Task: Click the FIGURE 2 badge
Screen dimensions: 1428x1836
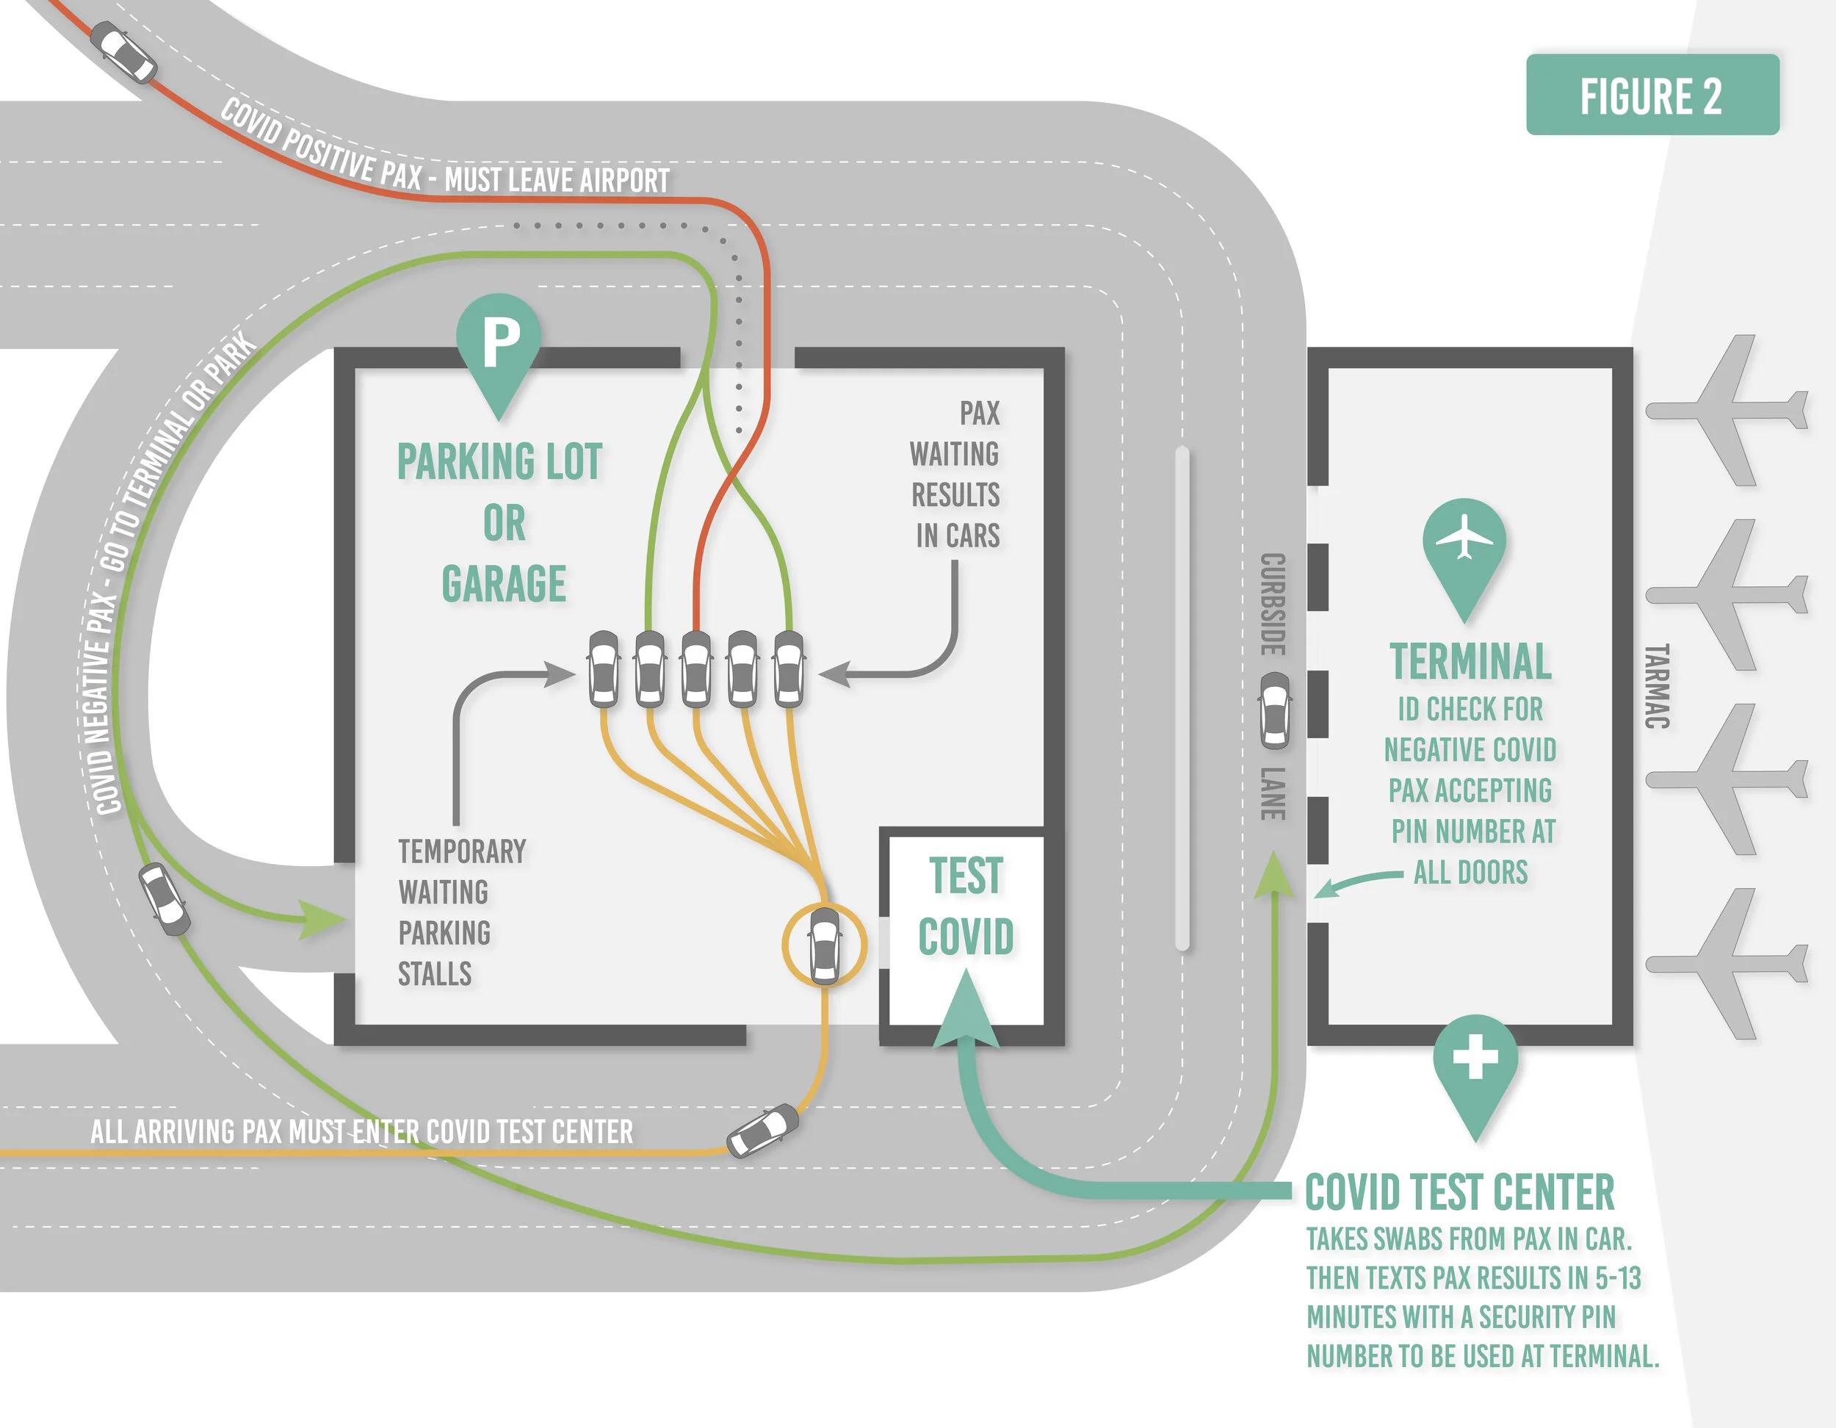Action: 1652,95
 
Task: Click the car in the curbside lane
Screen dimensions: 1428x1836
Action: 1274,710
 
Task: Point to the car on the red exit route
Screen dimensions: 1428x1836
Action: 123,51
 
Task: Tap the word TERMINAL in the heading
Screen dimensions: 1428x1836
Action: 1470,661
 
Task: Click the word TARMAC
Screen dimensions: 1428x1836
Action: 1656,685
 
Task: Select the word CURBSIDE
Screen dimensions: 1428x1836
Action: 1273,604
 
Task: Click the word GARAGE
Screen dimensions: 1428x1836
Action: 504,584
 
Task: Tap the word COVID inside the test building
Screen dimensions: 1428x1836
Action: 966,936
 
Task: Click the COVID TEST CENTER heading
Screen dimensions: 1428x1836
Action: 1459,1191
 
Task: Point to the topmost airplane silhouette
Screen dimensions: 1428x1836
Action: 1727,411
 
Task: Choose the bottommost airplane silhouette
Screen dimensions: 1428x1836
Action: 1727,963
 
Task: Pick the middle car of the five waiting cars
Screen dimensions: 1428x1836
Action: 695,668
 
